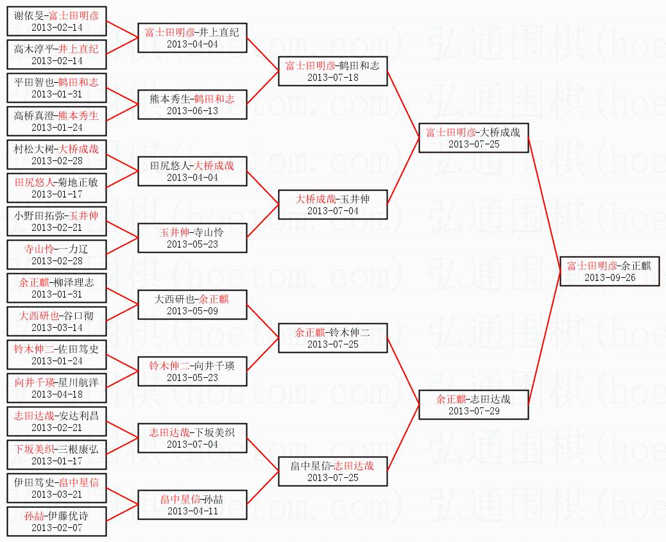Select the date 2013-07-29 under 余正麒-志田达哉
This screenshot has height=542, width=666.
point(474,411)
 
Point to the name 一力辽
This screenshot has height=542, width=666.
point(75,249)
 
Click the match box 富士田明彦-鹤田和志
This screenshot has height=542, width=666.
point(333,71)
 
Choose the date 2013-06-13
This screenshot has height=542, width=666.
point(192,110)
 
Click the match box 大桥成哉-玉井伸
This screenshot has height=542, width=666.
point(333,204)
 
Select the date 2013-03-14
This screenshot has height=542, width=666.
point(57,327)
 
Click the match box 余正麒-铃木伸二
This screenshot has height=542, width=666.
point(333,337)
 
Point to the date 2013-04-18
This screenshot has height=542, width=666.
point(57,394)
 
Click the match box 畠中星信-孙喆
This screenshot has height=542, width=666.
point(192,504)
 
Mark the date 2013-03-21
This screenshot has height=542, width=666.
point(57,494)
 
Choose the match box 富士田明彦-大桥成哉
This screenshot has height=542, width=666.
point(474,137)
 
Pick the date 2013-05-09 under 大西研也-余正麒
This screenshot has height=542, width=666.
point(192,310)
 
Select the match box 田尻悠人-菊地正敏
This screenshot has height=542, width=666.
point(57,187)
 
